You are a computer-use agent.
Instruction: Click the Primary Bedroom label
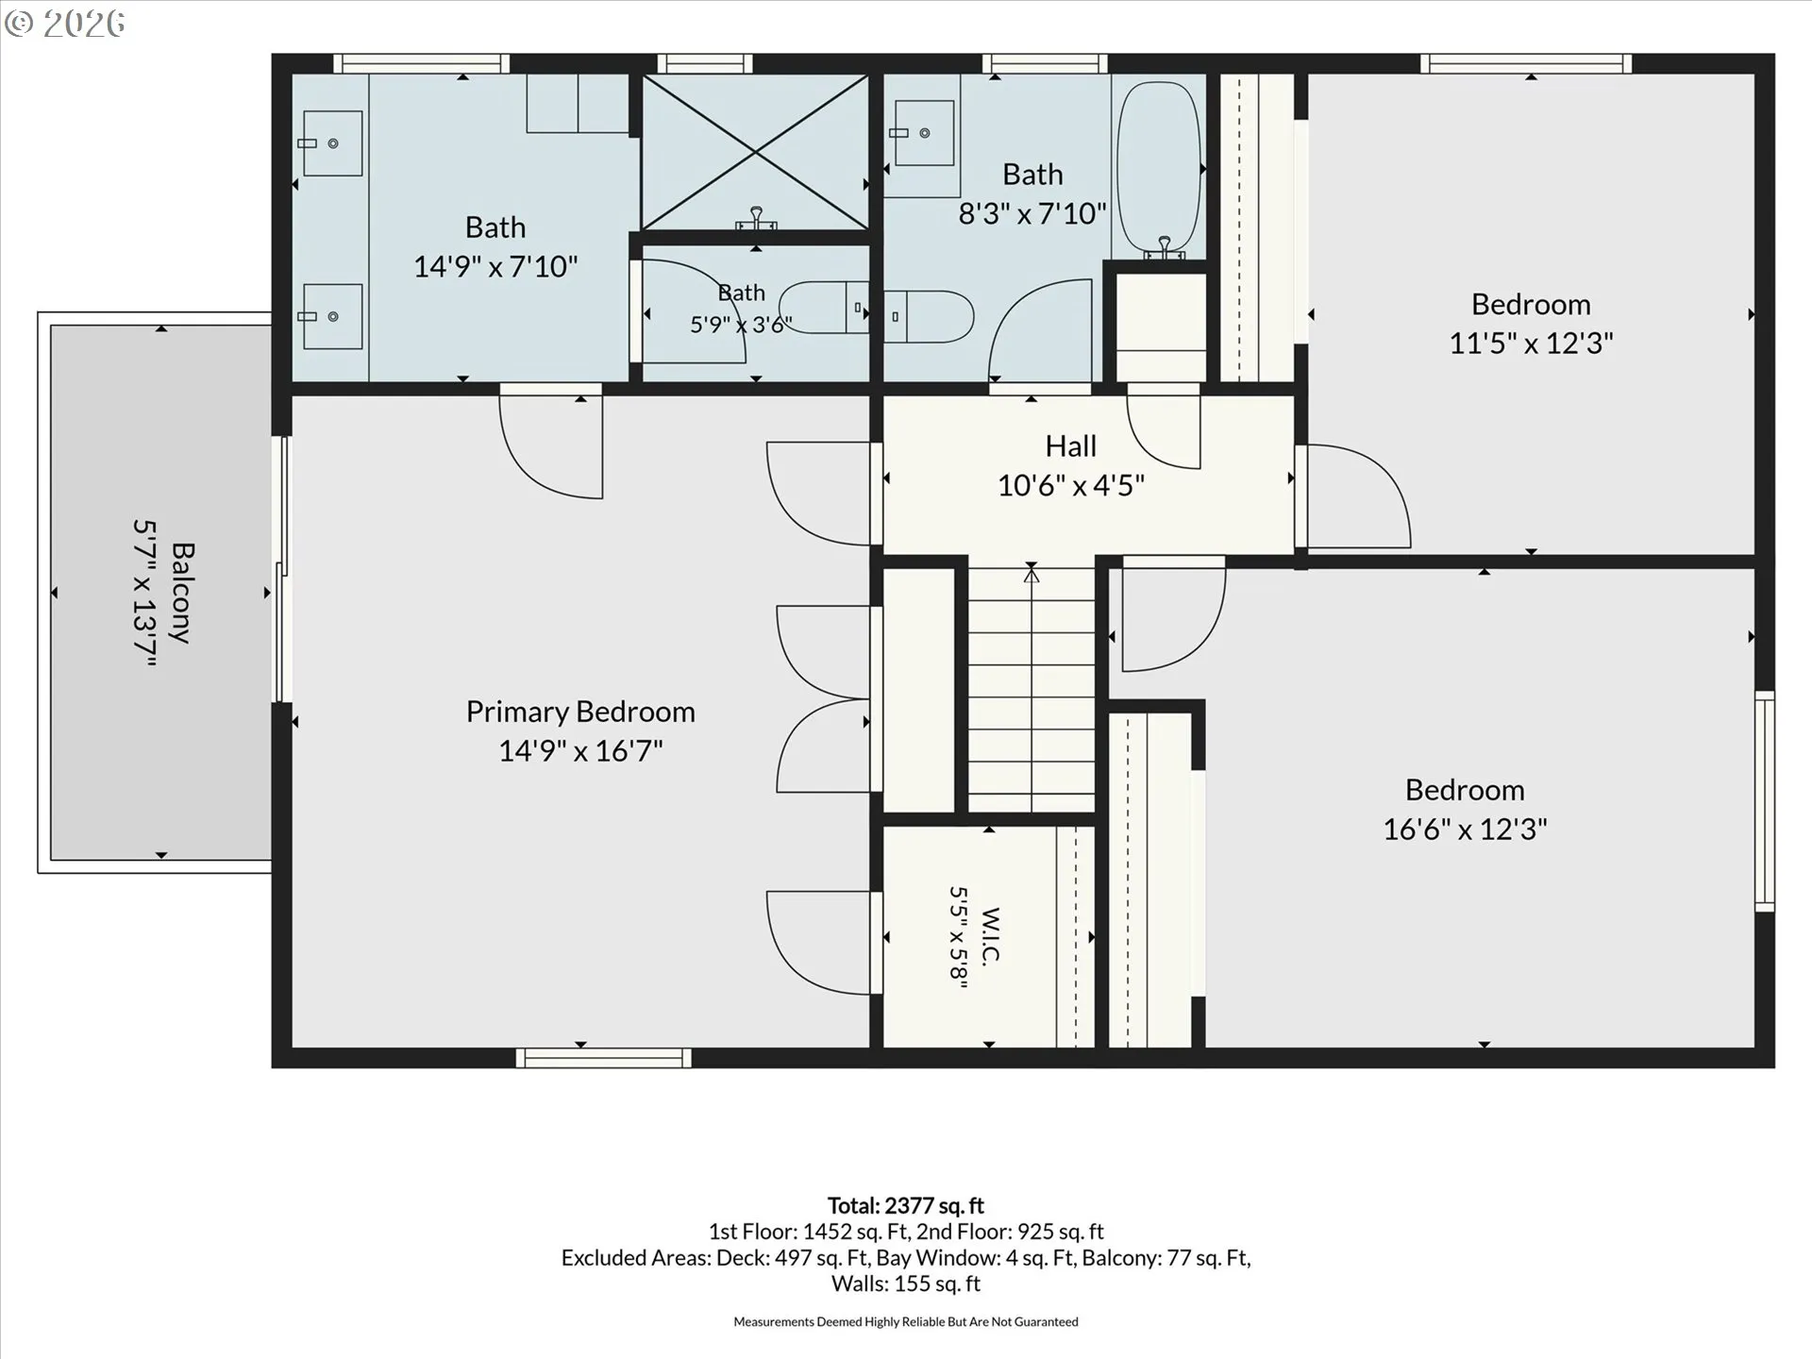tap(580, 712)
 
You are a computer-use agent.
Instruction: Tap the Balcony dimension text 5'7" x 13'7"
tap(143, 593)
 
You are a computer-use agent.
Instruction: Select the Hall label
tap(1071, 445)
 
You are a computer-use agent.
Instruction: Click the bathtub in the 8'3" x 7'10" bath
tap(1160, 170)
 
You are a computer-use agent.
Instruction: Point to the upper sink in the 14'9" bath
tap(333, 143)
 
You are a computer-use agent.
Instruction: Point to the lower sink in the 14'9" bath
tap(333, 317)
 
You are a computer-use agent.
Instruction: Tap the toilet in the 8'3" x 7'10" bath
tap(929, 316)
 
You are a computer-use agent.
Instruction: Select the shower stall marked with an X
tap(755, 152)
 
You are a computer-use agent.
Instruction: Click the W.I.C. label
tap(991, 936)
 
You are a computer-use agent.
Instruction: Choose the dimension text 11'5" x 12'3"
tap(1531, 344)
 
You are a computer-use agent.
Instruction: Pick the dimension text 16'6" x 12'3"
tap(1465, 830)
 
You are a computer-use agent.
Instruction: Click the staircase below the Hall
tap(1032, 689)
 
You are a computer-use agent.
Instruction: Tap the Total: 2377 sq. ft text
tap(906, 1205)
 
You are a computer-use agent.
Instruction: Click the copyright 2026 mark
tap(64, 24)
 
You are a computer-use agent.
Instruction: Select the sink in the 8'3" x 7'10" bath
tap(924, 133)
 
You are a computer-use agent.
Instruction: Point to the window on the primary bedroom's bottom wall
tap(604, 1058)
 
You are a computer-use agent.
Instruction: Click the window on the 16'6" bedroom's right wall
tap(1765, 801)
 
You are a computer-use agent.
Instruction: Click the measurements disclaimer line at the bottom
tap(906, 1322)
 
